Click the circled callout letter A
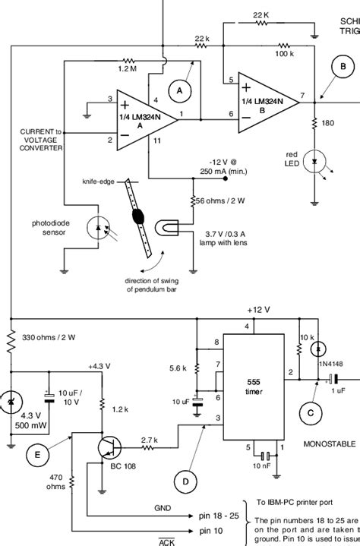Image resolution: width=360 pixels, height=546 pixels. tap(180, 91)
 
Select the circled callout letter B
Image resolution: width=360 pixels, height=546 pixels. tap(343, 67)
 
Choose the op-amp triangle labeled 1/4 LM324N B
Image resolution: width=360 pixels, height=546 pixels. tap(267, 97)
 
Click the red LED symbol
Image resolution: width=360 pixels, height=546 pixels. tap(314, 162)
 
